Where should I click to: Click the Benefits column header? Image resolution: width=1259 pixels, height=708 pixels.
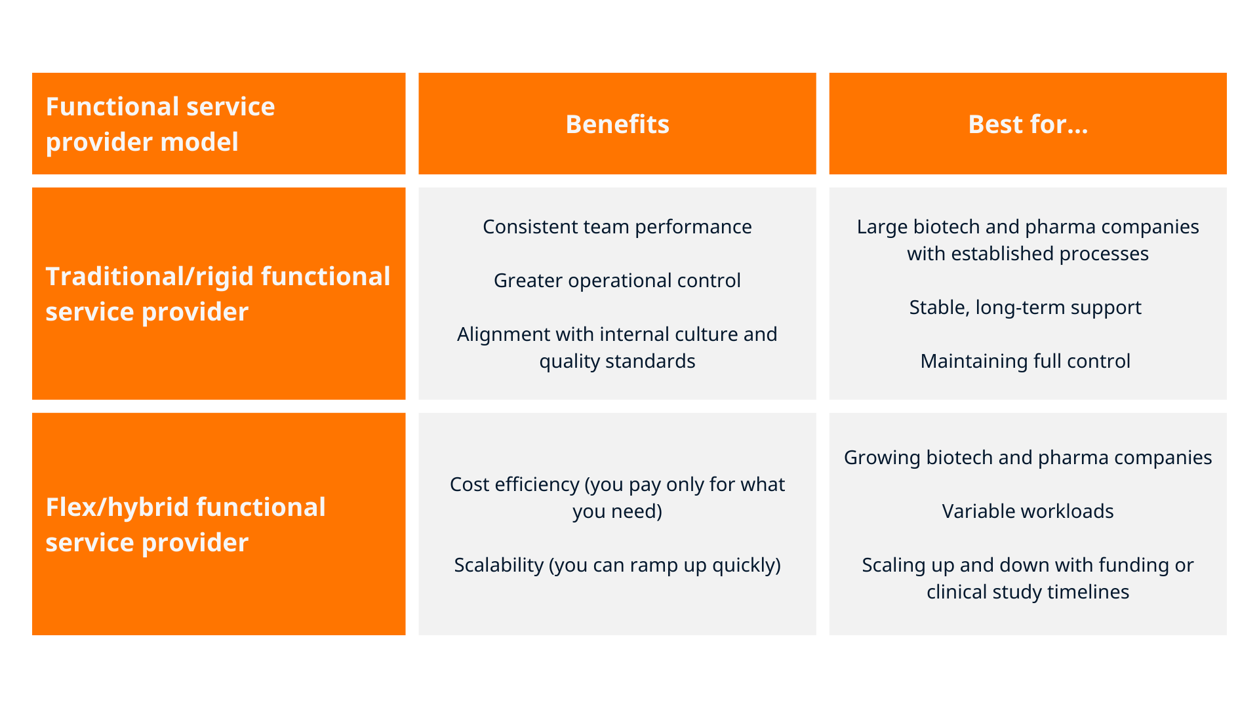[617, 124]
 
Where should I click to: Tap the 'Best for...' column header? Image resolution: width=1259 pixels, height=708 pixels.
[1028, 124]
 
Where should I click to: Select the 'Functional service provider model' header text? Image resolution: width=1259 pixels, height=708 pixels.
[160, 124]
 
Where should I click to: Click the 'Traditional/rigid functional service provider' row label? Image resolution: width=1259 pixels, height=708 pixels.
[218, 294]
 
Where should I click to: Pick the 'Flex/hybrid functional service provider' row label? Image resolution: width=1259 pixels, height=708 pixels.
[186, 524]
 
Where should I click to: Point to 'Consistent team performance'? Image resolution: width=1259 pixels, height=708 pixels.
[617, 227]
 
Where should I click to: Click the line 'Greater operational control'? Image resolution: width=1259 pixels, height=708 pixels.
[617, 281]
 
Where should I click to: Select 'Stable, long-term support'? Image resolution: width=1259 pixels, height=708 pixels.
[1025, 307]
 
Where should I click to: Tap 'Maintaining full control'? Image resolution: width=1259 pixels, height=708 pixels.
[1025, 361]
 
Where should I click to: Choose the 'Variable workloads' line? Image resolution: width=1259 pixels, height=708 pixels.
[1028, 511]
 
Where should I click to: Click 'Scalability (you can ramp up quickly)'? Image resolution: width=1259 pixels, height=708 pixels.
[617, 565]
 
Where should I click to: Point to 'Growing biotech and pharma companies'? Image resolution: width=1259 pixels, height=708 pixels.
[1028, 458]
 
